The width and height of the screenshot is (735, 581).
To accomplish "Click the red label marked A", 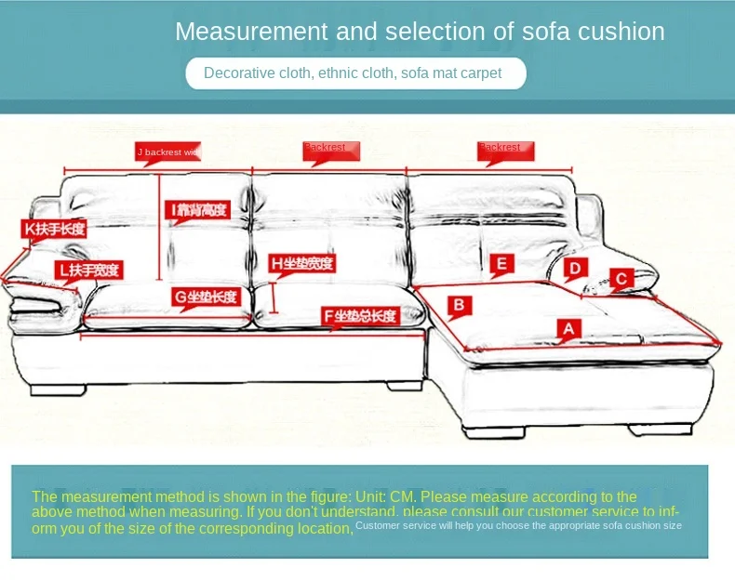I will [x=569, y=328].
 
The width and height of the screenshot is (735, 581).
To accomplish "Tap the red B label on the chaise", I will [x=459, y=305].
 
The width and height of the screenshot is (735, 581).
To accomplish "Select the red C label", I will [x=622, y=278].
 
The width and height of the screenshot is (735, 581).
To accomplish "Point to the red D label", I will [x=575, y=269].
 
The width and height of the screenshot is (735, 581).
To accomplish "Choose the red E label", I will [x=501, y=265].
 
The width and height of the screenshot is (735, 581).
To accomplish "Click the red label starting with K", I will [x=55, y=229].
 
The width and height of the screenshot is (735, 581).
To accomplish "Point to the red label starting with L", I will [x=87, y=271].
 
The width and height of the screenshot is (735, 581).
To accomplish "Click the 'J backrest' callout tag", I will [x=168, y=152].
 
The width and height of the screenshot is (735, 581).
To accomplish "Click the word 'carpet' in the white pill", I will [x=479, y=73].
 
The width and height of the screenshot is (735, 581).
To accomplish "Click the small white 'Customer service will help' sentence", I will [x=518, y=525].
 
